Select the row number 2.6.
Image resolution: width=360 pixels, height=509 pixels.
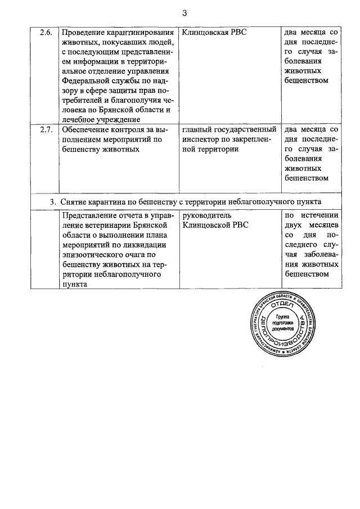pos(47,33)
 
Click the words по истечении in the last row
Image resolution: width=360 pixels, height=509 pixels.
pos(310,215)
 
